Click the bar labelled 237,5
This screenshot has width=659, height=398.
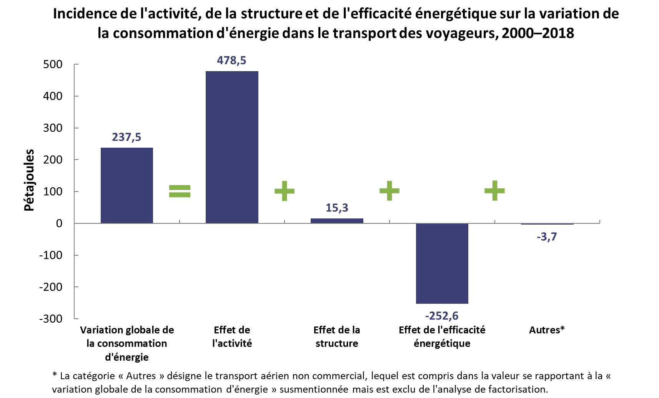(x=127, y=185)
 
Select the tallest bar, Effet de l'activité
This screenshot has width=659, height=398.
(x=232, y=147)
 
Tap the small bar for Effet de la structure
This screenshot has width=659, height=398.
(x=337, y=221)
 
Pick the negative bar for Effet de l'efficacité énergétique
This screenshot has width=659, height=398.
(x=442, y=263)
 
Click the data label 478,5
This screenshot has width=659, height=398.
(x=231, y=60)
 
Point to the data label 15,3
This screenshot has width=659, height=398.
(x=337, y=208)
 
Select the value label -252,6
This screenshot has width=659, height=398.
(x=442, y=316)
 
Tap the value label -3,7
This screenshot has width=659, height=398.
(x=547, y=236)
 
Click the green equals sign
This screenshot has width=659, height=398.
(x=180, y=191)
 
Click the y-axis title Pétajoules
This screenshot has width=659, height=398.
(x=29, y=180)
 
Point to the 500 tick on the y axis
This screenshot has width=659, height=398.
(x=53, y=64)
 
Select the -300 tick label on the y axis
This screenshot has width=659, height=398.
(x=51, y=318)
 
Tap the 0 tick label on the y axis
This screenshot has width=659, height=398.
(x=59, y=223)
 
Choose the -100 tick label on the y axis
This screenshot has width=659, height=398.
(x=51, y=255)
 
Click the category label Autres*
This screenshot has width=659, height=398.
(x=547, y=330)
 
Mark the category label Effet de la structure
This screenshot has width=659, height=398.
(x=337, y=337)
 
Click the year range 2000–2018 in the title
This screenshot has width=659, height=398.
(x=538, y=33)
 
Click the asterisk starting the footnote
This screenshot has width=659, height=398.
(x=55, y=375)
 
